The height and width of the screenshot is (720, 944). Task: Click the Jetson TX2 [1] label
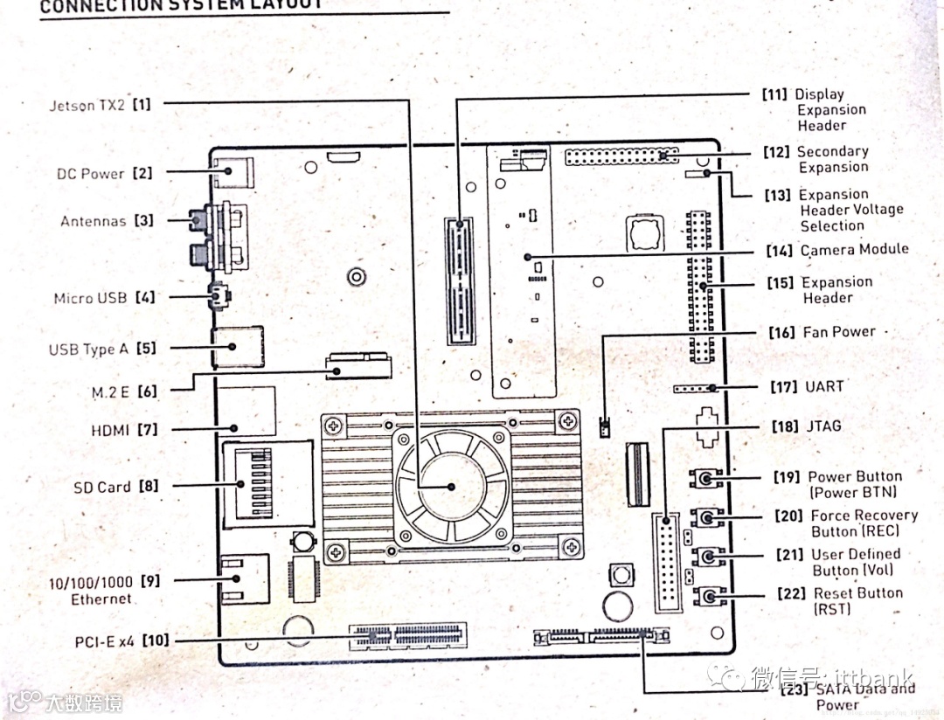point(99,105)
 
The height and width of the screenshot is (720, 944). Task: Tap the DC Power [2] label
point(104,173)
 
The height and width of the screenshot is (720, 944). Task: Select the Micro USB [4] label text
point(104,298)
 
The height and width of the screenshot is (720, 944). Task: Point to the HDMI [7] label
point(123,430)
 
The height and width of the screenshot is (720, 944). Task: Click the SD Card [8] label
point(115,486)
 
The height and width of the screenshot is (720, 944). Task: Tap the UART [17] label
point(807,386)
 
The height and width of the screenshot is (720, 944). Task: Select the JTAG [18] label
point(806,426)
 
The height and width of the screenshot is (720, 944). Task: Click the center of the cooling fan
point(451,486)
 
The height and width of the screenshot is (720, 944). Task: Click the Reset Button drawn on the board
point(709,597)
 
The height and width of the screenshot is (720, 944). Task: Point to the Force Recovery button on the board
point(707,518)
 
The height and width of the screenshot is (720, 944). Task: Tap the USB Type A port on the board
point(236,348)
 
